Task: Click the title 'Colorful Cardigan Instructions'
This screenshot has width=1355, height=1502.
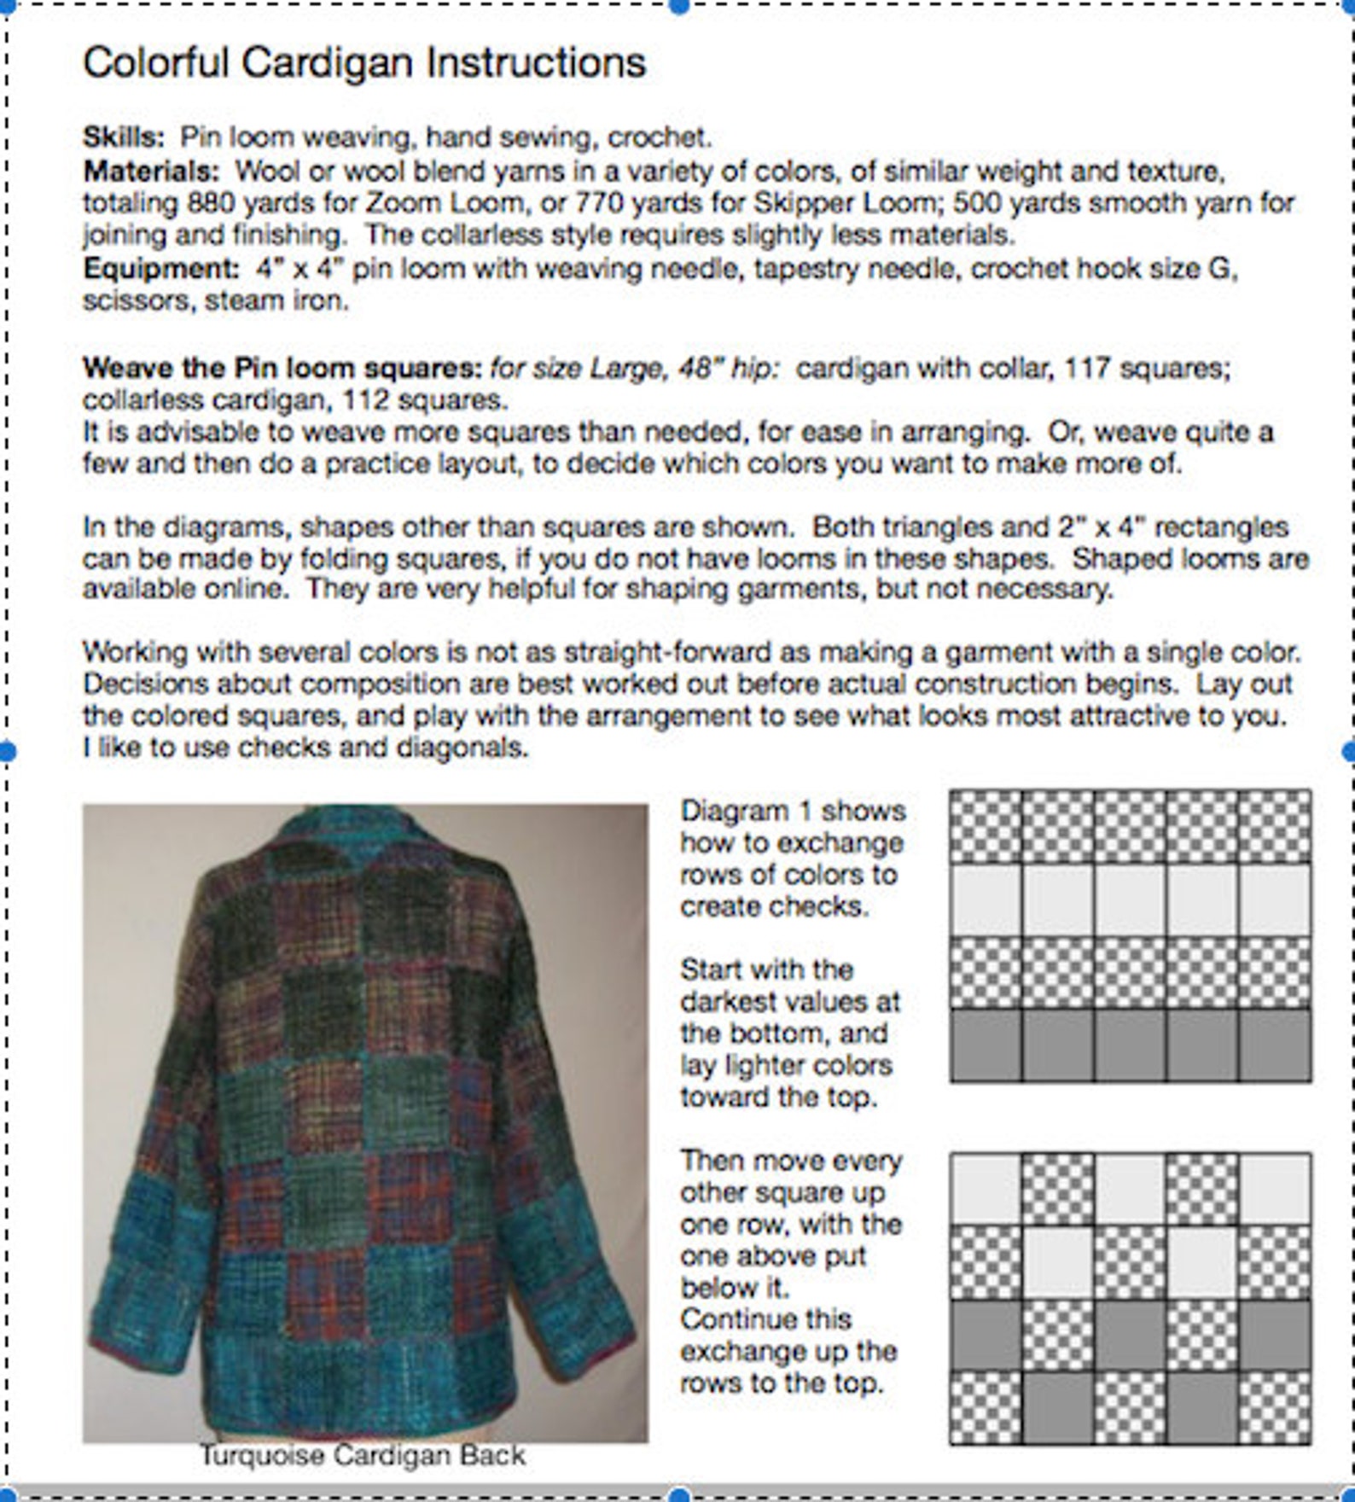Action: click(x=364, y=62)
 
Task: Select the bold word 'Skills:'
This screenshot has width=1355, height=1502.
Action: click(x=123, y=137)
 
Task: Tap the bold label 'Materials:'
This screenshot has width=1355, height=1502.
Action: click(x=151, y=171)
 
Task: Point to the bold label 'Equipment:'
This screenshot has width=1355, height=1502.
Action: click(x=160, y=269)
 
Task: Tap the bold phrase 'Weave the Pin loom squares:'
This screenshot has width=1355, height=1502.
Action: click(x=282, y=368)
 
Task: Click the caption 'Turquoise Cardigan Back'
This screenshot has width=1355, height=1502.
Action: click(x=363, y=1454)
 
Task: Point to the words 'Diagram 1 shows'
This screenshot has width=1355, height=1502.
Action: click(x=792, y=811)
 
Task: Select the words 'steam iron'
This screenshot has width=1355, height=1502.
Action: click(x=274, y=300)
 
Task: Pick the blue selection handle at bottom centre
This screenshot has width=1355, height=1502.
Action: click(x=679, y=1494)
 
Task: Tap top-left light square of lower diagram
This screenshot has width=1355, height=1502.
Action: click(x=986, y=1188)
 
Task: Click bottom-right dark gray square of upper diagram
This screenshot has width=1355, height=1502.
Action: click(x=1275, y=1045)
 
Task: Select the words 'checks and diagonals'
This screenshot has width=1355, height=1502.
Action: click(x=382, y=748)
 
